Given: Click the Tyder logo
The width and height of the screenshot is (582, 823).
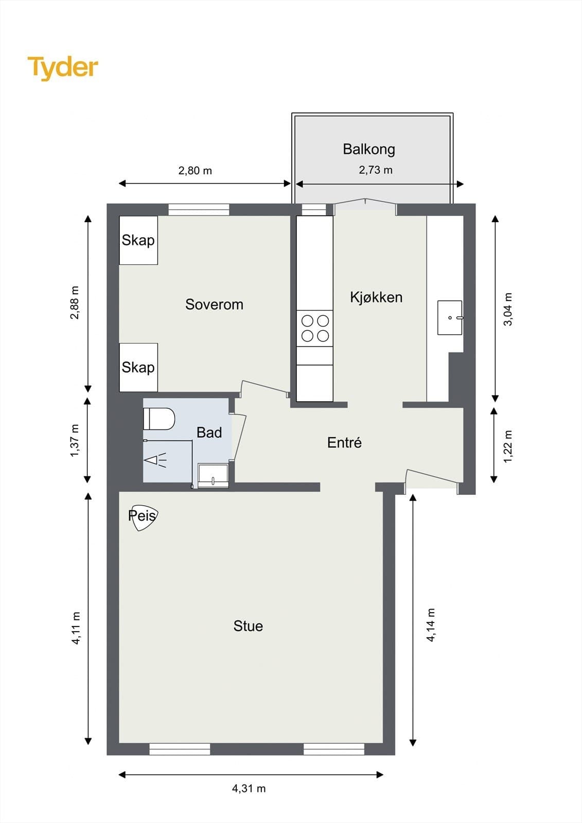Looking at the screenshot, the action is [63, 68].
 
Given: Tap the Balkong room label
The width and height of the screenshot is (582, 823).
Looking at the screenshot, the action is [369, 150].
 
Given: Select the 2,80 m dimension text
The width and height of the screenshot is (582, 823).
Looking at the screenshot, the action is [195, 171].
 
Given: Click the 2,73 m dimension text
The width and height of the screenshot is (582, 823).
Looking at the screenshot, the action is [375, 170].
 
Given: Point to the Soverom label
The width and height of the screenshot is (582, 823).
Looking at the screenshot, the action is [215, 304].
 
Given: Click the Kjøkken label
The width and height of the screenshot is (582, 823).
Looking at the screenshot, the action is [376, 297].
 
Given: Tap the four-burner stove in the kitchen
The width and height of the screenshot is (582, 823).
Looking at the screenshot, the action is [315, 329].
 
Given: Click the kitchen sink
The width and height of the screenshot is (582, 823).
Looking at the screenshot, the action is [450, 317].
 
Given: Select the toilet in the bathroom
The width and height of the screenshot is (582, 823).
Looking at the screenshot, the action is [159, 419].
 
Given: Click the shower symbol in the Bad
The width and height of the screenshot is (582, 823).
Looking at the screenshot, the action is [155, 460].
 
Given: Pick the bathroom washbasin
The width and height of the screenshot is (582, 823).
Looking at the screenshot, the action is [213, 476].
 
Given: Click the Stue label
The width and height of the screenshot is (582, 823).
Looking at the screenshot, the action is [248, 626].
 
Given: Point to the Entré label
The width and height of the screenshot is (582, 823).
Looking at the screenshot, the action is [344, 443].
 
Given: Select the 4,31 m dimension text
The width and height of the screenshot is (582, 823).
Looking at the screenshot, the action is [249, 789].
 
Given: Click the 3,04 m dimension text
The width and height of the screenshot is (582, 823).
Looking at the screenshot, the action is [507, 309].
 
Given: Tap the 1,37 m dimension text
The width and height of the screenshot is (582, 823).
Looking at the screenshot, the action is [75, 441].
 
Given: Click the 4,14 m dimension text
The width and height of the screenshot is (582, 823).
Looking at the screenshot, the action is [431, 625].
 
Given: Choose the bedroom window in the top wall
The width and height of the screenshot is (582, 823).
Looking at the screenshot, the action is [199, 210].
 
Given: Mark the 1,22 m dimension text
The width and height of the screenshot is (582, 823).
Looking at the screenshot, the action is [507, 446].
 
